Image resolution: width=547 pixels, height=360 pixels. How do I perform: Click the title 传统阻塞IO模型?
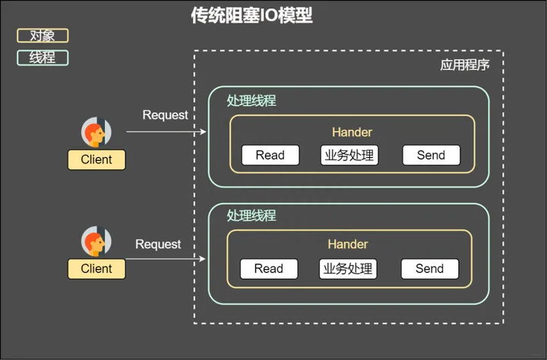coord(251,16)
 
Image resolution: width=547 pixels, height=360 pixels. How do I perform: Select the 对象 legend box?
coord(43,36)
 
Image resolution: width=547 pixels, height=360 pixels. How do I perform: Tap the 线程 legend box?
coord(43,58)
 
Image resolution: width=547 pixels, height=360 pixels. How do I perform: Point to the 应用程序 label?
coord(465,65)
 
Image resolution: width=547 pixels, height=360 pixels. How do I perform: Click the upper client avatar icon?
coord(96,133)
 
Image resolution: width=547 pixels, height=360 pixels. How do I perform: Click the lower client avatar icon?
coord(96,242)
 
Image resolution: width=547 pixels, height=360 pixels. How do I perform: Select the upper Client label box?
coord(96,159)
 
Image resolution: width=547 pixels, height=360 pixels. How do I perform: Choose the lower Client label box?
coord(96,268)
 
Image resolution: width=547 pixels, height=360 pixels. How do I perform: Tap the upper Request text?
coord(165,115)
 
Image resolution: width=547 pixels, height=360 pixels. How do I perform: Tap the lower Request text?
coord(158,244)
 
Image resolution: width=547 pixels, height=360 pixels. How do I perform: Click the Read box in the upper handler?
coord(270,155)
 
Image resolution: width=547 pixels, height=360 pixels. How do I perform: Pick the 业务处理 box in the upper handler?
coord(349,155)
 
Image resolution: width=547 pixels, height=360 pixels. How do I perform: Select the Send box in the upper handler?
coord(431,155)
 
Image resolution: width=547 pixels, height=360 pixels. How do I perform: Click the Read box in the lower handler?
coord(268,268)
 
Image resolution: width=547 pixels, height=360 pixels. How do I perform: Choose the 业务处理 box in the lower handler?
coord(348,268)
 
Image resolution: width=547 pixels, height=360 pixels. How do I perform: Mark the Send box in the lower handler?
coord(429,268)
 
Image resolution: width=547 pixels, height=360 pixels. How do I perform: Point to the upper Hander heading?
coord(352,132)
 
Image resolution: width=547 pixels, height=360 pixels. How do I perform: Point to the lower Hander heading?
coord(348,245)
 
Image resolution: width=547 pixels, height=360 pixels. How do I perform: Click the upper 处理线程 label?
coord(251,101)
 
